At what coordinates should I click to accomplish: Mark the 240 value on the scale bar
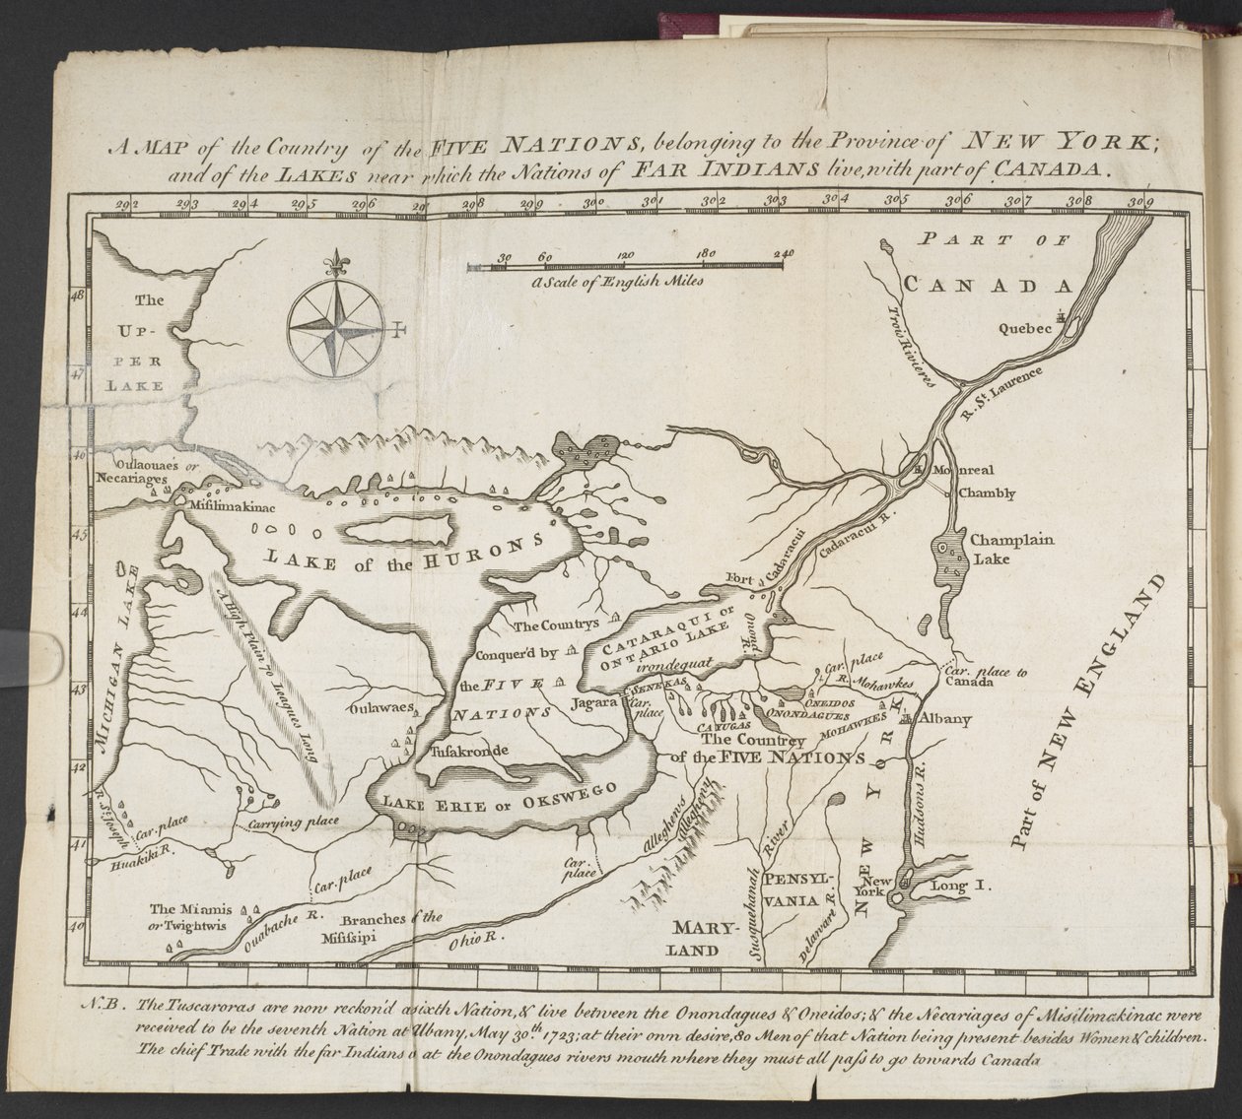coord(785,254)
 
